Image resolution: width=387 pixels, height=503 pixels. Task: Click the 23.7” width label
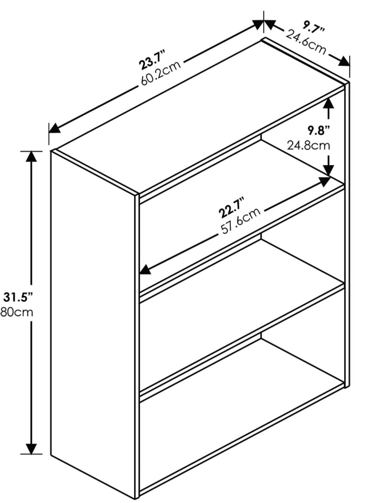tap(152, 60)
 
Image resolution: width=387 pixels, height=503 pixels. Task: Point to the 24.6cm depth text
tap(306, 42)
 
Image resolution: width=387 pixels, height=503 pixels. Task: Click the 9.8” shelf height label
tap(319, 131)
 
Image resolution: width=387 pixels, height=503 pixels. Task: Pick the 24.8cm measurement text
tap(308, 146)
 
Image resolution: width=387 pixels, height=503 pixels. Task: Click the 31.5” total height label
tap(18, 297)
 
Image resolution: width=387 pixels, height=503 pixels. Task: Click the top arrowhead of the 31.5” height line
tap(31, 156)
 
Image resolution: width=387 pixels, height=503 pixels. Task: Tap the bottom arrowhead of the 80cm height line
tap(31, 448)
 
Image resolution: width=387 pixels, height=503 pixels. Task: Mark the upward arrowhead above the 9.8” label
tap(328, 103)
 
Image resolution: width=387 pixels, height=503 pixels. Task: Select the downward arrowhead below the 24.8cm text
tap(328, 170)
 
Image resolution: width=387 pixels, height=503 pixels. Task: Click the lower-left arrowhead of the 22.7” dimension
tap(145, 269)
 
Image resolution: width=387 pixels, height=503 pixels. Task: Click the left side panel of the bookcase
tap(93, 324)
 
